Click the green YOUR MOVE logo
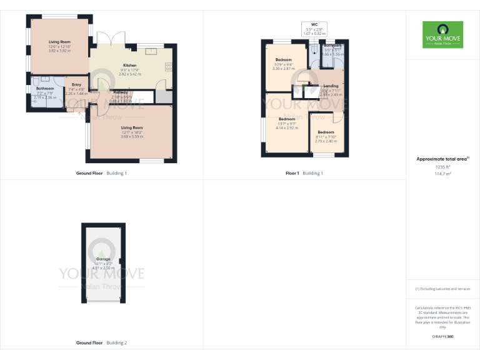pyautogui.click(x=442, y=34)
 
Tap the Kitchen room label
pyautogui.click(x=129, y=65)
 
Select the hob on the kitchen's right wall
pyautogui.click(x=169, y=65)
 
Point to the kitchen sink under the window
pyautogui.click(x=149, y=46)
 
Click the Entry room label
pyautogui.click(x=76, y=84)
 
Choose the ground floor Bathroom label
pyautogui.click(x=45, y=89)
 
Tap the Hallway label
pyautogui.click(x=121, y=92)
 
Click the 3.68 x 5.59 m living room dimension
pyautogui.click(x=132, y=136)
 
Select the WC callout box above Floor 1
pyautogui.click(x=314, y=28)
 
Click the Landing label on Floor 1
pyautogui.click(x=331, y=86)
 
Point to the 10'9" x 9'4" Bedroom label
pyautogui.click(x=283, y=60)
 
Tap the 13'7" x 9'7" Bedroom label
pyautogui.click(x=287, y=119)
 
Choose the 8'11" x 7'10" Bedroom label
pyautogui.click(x=326, y=132)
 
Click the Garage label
pyautogui.click(x=103, y=259)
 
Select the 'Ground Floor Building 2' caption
pyautogui.click(x=101, y=343)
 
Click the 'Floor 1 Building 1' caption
pyautogui.click(x=304, y=172)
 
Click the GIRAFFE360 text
pyautogui.click(x=442, y=337)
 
